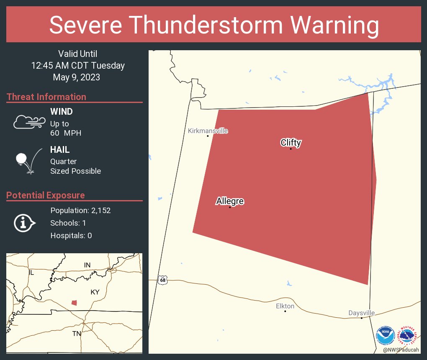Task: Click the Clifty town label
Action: [x=291, y=143]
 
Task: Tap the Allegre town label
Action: [x=230, y=201]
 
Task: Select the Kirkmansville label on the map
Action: [x=208, y=131]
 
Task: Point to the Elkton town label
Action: [x=285, y=306]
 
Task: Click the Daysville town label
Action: [x=361, y=313]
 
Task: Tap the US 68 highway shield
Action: [x=162, y=280]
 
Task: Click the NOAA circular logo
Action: [x=385, y=336]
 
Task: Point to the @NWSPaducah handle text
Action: [x=402, y=350]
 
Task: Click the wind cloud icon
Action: [x=28, y=122]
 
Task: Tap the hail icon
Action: [x=28, y=162]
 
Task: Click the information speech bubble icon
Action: [x=25, y=223]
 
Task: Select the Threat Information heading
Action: [x=46, y=97]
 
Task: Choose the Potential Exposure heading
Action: [x=46, y=195]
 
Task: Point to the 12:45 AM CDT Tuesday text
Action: [x=78, y=65]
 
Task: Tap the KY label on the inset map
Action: [x=95, y=292]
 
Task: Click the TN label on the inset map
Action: [x=77, y=333]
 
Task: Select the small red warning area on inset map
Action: [x=74, y=303]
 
